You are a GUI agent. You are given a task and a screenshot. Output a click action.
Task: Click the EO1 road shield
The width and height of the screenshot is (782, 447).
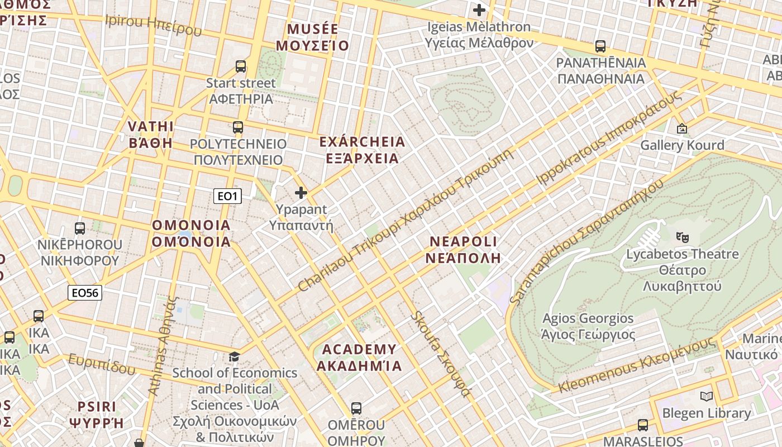tap(227, 196)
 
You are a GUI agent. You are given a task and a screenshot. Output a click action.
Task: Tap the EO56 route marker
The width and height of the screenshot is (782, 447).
tap(85, 293)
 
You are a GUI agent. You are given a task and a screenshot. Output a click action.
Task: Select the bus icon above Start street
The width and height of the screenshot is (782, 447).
tap(241, 66)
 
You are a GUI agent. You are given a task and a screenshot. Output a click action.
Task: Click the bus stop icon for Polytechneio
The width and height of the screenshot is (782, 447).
tap(238, 127)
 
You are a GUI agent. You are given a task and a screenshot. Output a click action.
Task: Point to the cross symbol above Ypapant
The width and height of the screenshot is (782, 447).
tap(301, 193)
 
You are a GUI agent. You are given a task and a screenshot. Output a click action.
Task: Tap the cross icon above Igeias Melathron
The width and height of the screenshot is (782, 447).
tap(479, 10)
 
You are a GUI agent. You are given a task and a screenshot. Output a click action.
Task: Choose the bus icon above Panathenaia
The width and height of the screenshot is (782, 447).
tap(600, 46)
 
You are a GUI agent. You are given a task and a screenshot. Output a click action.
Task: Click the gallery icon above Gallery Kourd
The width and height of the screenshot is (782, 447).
tap(681, 129)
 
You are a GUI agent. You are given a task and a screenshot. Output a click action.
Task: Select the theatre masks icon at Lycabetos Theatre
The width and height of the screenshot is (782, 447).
tap(681, 237)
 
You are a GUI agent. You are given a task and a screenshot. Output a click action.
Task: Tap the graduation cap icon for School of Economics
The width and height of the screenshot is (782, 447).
tap(235, 356)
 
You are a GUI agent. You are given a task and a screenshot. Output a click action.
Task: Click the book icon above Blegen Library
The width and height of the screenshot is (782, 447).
tap(707, 397)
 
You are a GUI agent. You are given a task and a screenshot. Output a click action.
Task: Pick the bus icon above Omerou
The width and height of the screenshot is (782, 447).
tap(356, 408)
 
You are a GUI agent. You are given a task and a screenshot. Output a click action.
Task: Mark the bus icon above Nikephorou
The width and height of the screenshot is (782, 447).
tap(80, 229)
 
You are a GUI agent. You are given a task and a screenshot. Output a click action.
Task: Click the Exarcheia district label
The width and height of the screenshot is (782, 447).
tap(362, 150)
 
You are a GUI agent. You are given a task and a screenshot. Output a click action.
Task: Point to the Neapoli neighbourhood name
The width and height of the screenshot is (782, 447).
tap(463, 249)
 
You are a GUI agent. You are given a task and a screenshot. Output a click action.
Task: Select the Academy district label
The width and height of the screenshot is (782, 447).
tap(359, 358)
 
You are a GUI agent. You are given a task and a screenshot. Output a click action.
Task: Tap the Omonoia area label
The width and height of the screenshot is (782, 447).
tap(192, 233)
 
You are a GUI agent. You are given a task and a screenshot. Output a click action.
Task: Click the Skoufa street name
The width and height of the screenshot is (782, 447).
tap(440, 354)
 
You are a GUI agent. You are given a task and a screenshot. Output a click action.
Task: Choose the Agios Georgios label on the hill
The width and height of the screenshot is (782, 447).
tap(588, 326)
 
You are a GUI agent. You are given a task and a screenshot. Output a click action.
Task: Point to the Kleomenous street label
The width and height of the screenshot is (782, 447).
tap(637, 365)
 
